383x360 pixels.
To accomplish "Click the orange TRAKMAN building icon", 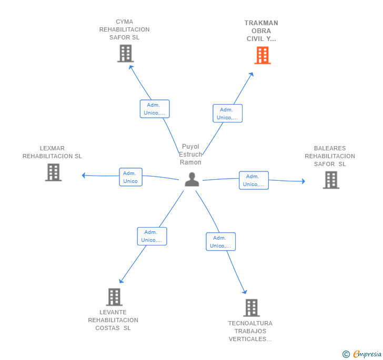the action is click(x=263, y=55).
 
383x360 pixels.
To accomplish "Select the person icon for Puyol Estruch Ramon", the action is click(x=192, y=179).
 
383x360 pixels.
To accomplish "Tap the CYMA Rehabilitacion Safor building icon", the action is click(x=126, y=53).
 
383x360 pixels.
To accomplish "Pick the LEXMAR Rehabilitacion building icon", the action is click(x=53, y=172).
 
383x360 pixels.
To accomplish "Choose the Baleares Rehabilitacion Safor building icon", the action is click(x=331, y=180).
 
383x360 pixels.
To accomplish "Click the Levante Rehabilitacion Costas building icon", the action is click(x=114, y=297).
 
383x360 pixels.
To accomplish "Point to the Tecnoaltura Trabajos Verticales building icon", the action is click(x=251, y=308).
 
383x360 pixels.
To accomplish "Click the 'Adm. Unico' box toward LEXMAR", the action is click(x=130, y=177).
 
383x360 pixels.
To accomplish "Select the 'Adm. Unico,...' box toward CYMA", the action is click(x=155, y=109).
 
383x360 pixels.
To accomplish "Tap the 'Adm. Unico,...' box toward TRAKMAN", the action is click(x=227, y=113).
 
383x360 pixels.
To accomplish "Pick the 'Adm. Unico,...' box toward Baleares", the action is click(x=254, y=180).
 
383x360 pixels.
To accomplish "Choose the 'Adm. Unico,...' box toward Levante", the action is click(x=152, y=236).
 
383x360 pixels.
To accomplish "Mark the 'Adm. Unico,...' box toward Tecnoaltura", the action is click(x=221, y=242).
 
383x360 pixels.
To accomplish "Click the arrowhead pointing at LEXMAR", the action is click(x=84, y=175).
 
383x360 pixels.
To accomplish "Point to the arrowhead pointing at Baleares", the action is click(x=304, y=181).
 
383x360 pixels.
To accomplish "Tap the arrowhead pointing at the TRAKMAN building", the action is click(x=251, y=74).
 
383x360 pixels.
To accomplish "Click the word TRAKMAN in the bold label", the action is click(x=261, y=23).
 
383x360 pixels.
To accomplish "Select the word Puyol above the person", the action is click(x=190, y=147).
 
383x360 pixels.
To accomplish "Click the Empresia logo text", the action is click(x=367, y=354).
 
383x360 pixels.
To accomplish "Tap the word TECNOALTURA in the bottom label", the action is click(x=250, y=323).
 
